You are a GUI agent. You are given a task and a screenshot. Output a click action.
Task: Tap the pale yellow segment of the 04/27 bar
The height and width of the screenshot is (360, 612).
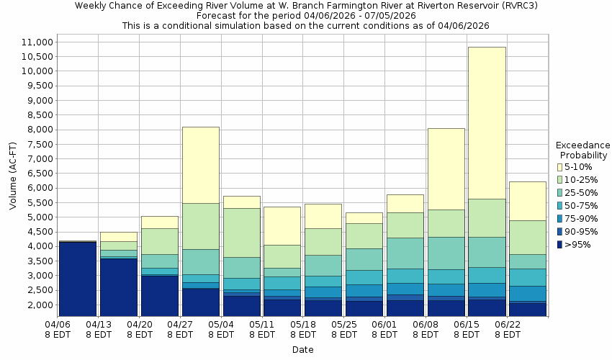coord(200,165)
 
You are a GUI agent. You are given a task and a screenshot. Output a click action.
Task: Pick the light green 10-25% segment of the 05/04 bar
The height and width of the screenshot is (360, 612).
coord(241,232)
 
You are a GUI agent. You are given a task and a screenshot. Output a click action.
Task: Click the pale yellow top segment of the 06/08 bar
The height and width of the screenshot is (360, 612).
coord(446,168)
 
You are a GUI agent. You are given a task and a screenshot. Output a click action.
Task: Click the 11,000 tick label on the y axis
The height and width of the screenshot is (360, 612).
coord(33,42)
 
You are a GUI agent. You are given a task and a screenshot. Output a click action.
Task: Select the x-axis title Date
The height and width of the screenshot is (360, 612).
coord(302,350)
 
